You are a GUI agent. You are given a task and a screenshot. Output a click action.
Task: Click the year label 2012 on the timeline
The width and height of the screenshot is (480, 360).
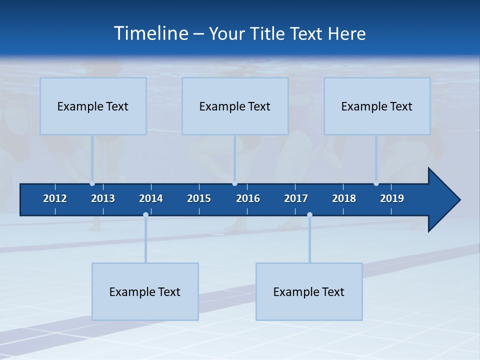(55, 198)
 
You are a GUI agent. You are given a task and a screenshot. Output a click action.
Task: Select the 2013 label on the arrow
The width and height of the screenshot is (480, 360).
(103, 198)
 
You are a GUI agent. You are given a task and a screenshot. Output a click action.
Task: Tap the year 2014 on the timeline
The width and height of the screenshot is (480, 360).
(151, 198)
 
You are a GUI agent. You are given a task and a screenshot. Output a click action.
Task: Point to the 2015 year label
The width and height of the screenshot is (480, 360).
(199, 198)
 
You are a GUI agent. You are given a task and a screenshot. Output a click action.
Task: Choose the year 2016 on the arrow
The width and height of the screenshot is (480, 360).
(248, 198)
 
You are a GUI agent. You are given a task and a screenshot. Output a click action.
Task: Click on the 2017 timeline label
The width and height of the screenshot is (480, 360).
(296, 198)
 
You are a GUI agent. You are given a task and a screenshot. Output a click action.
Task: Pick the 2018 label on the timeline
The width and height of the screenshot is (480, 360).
(344, 198)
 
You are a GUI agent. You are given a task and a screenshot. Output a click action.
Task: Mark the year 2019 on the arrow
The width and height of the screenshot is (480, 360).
(392, 198)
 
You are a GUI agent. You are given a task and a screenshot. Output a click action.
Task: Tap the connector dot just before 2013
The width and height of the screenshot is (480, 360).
(92, 183)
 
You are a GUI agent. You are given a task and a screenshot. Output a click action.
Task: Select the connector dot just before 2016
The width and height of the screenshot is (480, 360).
(234, 183)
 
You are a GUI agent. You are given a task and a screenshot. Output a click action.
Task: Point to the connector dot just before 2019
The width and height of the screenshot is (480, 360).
(376, 183)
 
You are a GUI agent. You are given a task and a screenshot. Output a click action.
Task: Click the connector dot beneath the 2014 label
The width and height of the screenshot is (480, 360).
(145, 215)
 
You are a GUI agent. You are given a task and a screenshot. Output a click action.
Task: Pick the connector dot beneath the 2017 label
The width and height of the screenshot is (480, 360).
(309, 215)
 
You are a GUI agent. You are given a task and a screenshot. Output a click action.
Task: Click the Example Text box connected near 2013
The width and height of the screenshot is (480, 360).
(93, 106)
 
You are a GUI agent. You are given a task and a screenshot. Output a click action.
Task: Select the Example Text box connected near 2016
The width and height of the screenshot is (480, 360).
(235, 106)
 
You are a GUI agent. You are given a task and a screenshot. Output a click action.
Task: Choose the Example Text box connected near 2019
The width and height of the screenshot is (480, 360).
(377, 106)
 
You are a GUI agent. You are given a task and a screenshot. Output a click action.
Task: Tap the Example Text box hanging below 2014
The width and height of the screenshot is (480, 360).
(145, 291)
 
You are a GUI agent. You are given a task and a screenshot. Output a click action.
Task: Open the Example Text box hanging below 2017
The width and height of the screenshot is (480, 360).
(309, 291)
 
